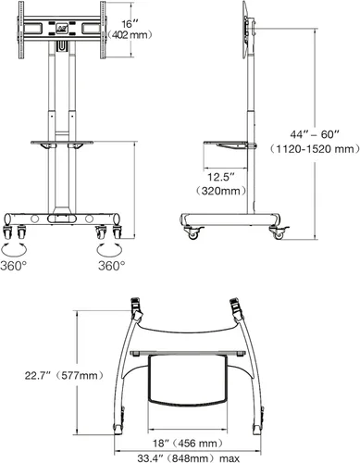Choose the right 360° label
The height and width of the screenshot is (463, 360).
111,265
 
